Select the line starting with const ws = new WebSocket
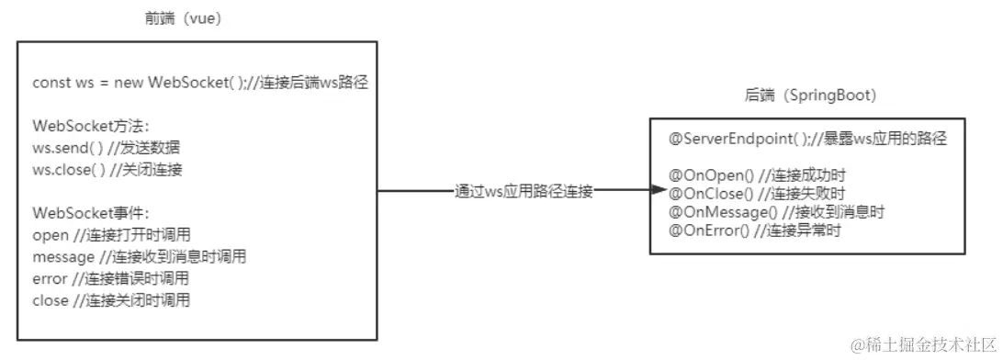point(200,82)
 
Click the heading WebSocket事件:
point(84,214)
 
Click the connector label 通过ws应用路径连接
point(524,192)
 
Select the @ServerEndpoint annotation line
point(808,140)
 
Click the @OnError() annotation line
point(756,230)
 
